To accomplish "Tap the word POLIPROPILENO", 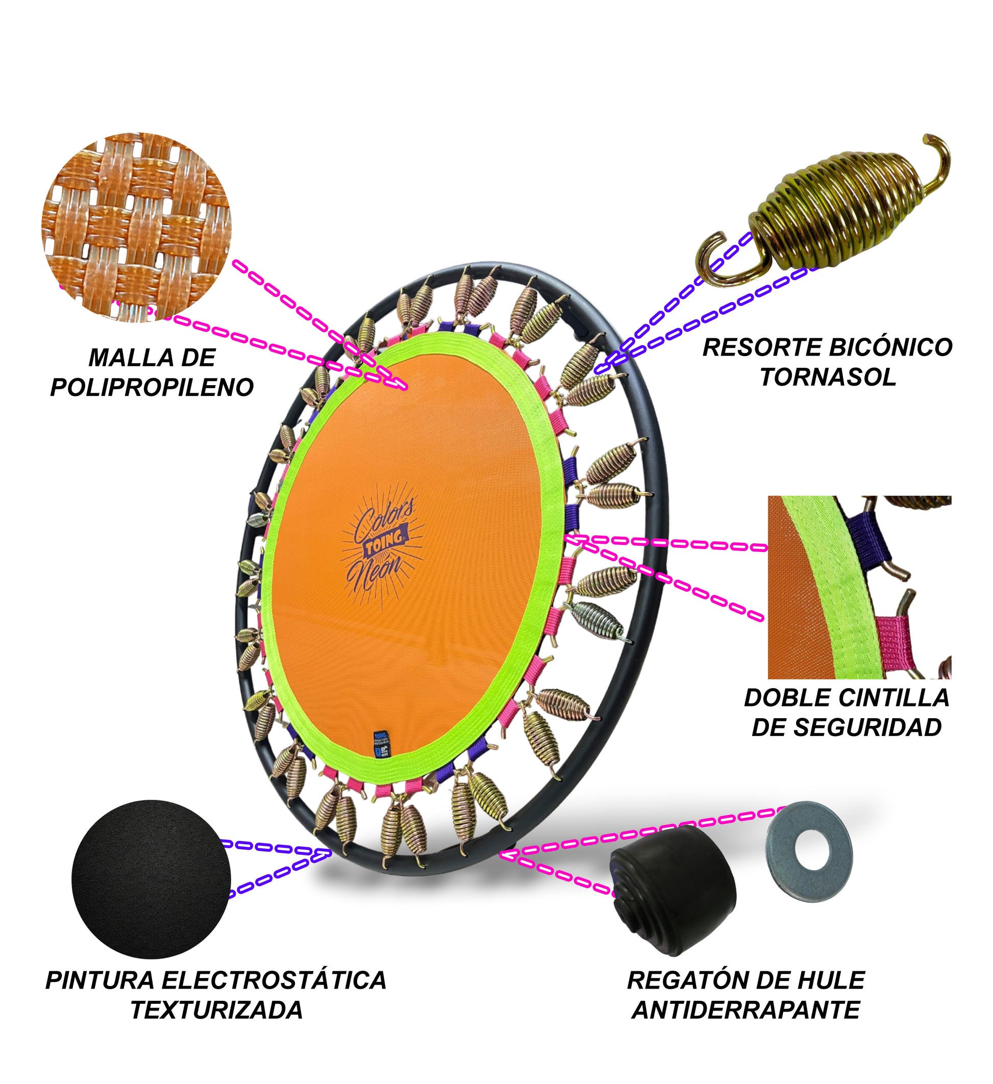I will coord(152,387).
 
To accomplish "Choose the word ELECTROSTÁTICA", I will coord(274,980).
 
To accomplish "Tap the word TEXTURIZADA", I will coord(217,1011).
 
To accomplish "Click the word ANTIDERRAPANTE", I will coord(746,1011).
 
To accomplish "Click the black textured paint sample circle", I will coord(151,879).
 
